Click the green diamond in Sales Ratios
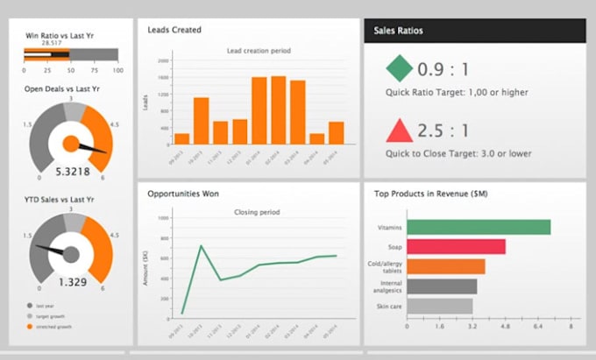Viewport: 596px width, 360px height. [399, 68]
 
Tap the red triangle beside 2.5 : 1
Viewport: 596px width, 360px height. [399, 131]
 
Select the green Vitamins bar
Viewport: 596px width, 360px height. [478, 227]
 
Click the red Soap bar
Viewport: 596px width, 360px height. [456, 246]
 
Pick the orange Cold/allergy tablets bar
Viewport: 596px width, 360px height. [445, 266]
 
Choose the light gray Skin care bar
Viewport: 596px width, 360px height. [439, 306]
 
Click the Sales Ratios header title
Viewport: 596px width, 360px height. [399, 31]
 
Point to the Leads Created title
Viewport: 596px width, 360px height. [174, 30]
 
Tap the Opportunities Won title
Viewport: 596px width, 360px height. [183, 193]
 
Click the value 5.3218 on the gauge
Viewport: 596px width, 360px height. [72, 172]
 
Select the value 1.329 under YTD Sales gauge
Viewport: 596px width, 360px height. [72, 281]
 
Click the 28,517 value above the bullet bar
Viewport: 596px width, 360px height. [51, 43]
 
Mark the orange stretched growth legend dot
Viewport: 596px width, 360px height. [31, 326]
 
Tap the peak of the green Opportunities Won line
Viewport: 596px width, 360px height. [202, 246]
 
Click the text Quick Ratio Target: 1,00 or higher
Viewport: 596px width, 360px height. [457, 93]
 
